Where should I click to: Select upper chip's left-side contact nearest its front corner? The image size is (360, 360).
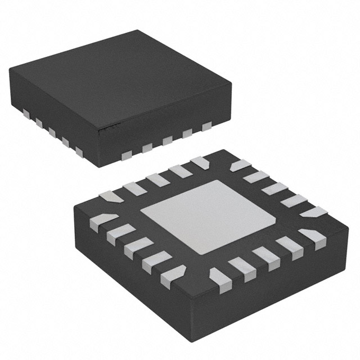pyautogui.click(x=79, y=151)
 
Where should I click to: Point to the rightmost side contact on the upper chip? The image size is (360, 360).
pyautogui.click(x=206, y=126)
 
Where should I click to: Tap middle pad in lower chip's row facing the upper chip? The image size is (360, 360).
pyautogui.click(x=156, y=179)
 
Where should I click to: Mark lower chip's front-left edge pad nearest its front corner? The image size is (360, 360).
pyautogui.click(x=173, y=276)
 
